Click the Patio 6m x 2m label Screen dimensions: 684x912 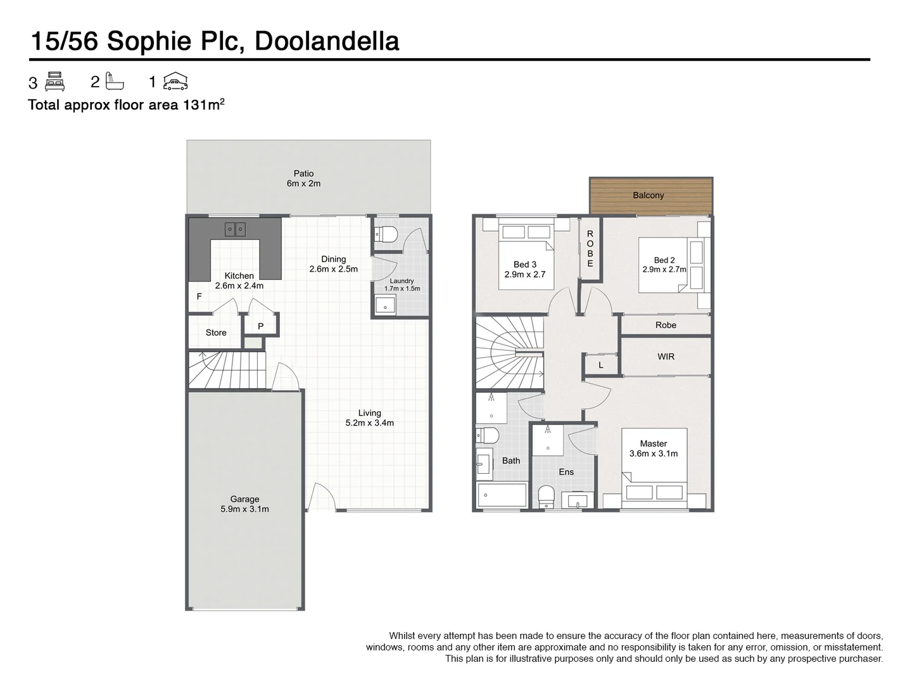click(x=303, y=179)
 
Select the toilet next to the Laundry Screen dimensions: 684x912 click(x=386, y=235)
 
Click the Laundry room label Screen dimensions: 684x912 click(x=402, y=284)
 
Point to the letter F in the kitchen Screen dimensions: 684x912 click(x=199, y=296)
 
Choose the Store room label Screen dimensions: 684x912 click(x=215, y=332)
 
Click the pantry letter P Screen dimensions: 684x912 click(x=260, y=327)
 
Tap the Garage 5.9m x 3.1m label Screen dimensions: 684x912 click(x=244, y=504)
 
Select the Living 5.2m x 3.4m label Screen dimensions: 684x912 click(x=369, y=418)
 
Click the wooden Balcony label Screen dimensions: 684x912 click(x=648, y=195)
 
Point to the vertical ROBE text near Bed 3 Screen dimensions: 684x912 click(x=590, y=249)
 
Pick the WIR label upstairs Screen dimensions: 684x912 click(x=666, y=357)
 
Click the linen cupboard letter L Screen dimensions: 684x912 click(x=600, y=365)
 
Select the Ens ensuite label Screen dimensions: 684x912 click(x=566, y=472)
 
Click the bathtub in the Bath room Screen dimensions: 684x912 click(x=502, y=495)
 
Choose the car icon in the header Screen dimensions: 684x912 click(x=175, y=81)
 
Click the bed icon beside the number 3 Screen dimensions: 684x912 click(x=55, y=82)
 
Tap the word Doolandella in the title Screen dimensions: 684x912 click(x=327, y=41)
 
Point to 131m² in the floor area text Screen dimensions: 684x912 click(x=203, y=104)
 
